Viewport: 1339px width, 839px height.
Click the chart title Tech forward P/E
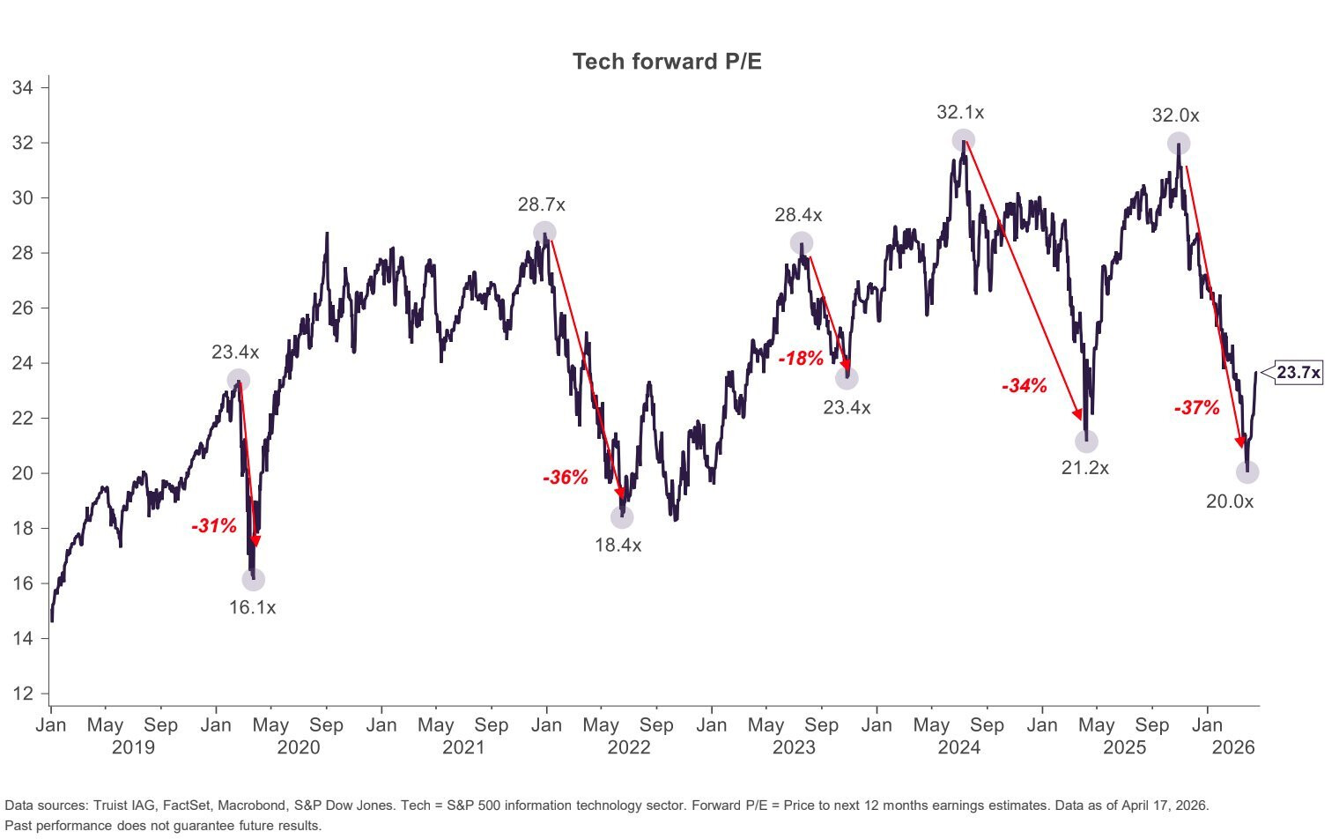pos(667,61)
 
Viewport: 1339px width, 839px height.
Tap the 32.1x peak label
pos(960,113)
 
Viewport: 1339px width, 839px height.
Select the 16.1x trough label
pos(252,607)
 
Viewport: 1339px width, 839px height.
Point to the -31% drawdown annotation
pos(214,526)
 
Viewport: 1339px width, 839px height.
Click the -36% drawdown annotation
pos(565,478)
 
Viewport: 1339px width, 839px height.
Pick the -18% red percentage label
pos(801,359)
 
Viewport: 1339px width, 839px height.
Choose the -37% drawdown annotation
pos(1196,408)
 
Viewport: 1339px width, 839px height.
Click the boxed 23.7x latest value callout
pos(1298,373)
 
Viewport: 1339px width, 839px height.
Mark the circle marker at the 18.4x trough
pos(622,517)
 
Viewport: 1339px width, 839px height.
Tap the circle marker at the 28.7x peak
pos(544,233)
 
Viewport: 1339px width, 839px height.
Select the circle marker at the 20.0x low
pos(1247,472)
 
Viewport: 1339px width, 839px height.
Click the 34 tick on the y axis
pos(24,87)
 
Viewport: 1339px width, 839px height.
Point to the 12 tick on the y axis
pos(24,694)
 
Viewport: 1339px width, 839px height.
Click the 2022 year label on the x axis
pos(629,747)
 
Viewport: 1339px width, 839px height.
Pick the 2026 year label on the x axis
pos(1233,747)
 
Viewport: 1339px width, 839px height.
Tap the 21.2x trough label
pos(1084,468)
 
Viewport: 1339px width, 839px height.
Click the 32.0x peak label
pos(1175,115)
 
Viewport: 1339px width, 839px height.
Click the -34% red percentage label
pos(1024,385)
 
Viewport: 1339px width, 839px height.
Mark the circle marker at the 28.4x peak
pos(801,243)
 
